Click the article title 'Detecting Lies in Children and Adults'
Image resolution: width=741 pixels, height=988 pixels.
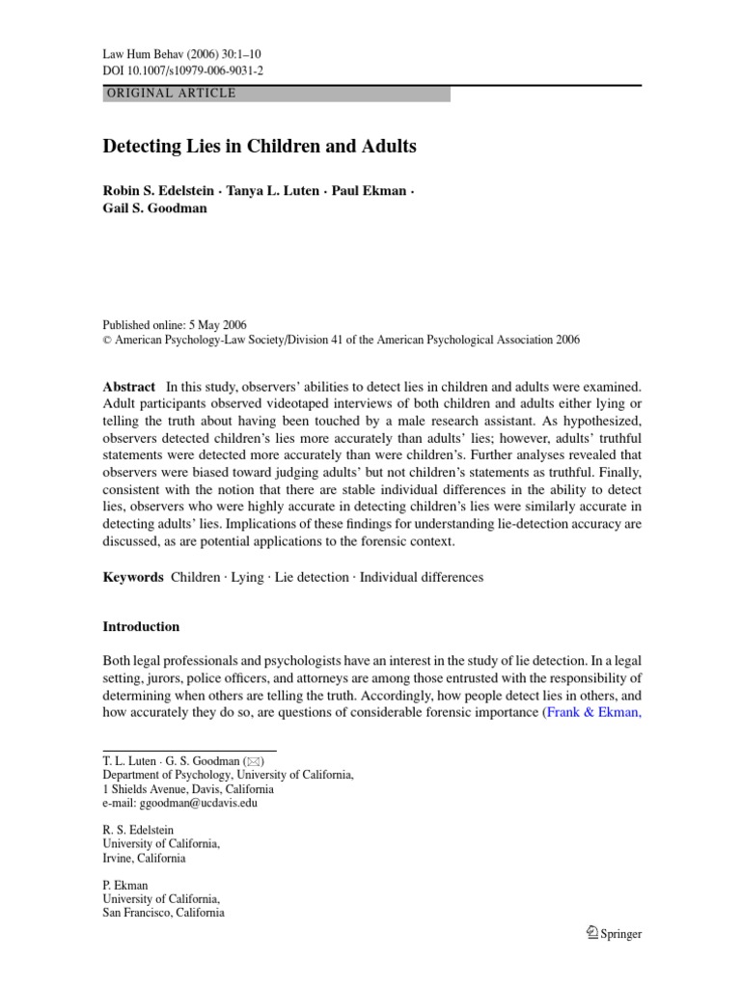tap(260, 147)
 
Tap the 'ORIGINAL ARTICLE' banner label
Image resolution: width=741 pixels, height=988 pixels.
tap(169, 94)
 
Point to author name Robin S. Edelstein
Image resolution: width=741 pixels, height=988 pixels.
tap(160, 189)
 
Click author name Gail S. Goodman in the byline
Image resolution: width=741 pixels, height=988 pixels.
tap(154, 207)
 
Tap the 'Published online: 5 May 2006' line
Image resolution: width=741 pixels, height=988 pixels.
tap(175, 324)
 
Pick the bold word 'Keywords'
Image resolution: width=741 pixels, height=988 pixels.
tap(133, 577)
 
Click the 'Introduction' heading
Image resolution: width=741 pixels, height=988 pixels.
tap(141, 626)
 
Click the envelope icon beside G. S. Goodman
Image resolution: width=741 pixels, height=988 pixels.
tap(255, 760)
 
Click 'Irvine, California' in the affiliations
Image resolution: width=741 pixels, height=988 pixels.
tap(145, 858)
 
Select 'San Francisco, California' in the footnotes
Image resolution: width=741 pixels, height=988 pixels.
tap(163, 912)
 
